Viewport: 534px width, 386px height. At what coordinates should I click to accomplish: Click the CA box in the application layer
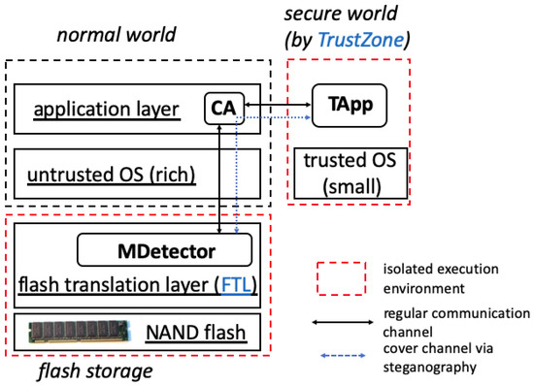(x=224, y=108)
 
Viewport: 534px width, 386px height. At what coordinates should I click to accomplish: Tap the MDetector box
(x=164, y=252)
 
